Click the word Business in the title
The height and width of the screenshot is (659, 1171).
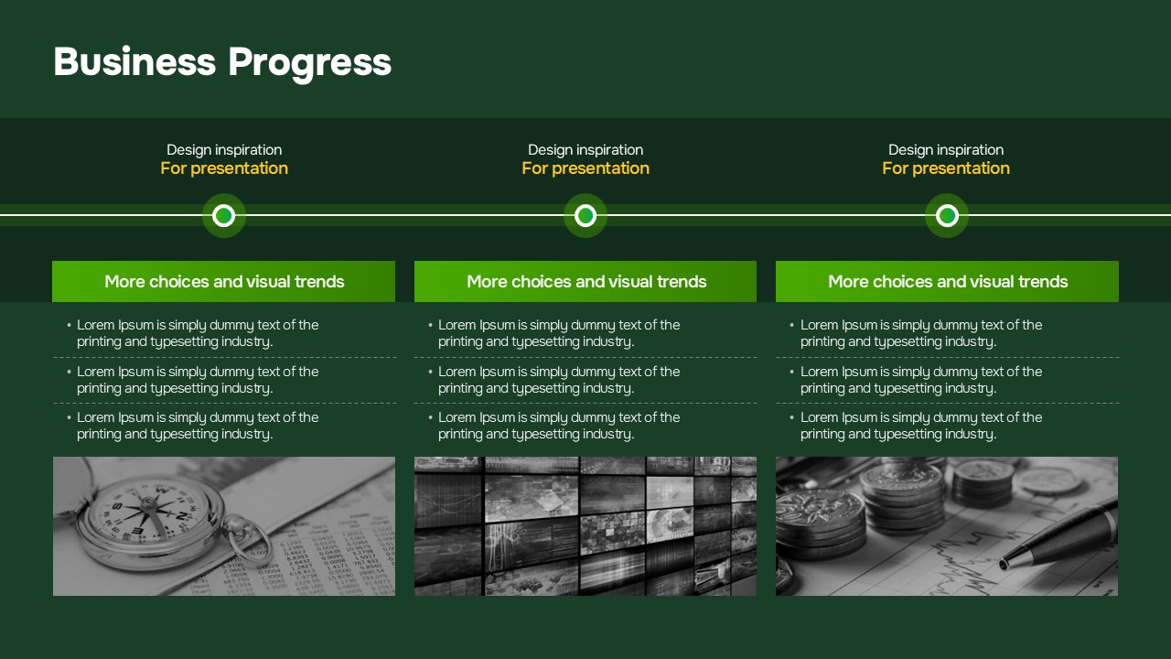134,61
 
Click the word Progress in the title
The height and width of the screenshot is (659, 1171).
309,63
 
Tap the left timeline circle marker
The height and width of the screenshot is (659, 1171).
224,215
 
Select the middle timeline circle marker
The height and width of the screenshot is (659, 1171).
585,215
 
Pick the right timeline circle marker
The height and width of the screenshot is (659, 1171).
947,215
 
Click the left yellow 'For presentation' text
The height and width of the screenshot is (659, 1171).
224,168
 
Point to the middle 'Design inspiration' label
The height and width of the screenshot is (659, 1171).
585,150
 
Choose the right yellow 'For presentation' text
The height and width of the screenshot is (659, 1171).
946,168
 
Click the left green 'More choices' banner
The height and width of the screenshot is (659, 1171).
224,281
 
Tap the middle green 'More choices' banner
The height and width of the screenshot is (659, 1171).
585,281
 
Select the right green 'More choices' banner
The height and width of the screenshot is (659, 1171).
947,281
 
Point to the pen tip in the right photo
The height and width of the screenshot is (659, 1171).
1003,565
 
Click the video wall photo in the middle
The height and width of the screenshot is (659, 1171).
585,526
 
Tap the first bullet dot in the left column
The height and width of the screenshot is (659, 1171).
69,325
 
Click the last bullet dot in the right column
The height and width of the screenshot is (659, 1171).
792,418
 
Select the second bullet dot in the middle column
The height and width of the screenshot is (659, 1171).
430,372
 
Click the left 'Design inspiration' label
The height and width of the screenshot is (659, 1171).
224,150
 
